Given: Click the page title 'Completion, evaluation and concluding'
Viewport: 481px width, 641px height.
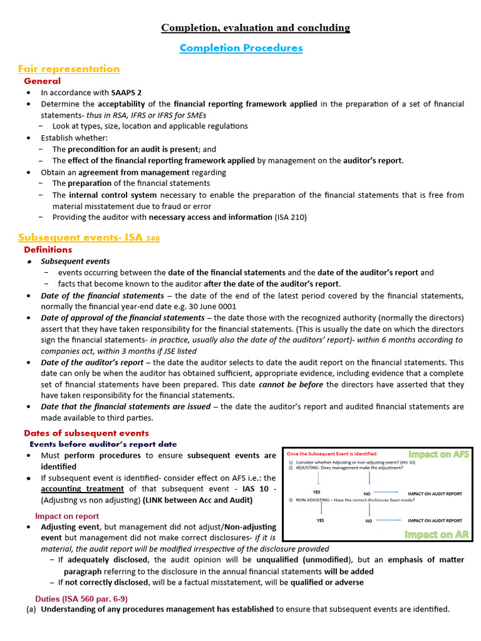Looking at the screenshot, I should pos(256,28).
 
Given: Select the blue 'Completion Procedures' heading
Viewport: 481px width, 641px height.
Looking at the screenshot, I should pos(241,48).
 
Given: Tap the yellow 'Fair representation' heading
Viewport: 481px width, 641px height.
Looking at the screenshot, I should pos(69,69).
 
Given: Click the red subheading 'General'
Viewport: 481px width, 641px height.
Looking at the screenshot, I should pos(42,81).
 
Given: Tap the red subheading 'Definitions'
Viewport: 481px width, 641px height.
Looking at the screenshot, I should pos(48,250).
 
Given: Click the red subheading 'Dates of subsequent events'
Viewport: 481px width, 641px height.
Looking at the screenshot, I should pos(86,433).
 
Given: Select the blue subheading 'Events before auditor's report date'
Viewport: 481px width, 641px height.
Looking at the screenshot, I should pos(103,444).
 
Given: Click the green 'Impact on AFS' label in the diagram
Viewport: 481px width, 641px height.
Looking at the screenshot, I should pos(438,454).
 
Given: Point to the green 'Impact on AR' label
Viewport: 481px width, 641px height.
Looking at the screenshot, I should pos(437,534).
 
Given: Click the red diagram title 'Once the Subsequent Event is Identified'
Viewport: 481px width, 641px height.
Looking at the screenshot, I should pos(332,454).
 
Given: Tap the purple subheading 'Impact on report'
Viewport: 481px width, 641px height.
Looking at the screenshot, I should pos(67,516).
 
